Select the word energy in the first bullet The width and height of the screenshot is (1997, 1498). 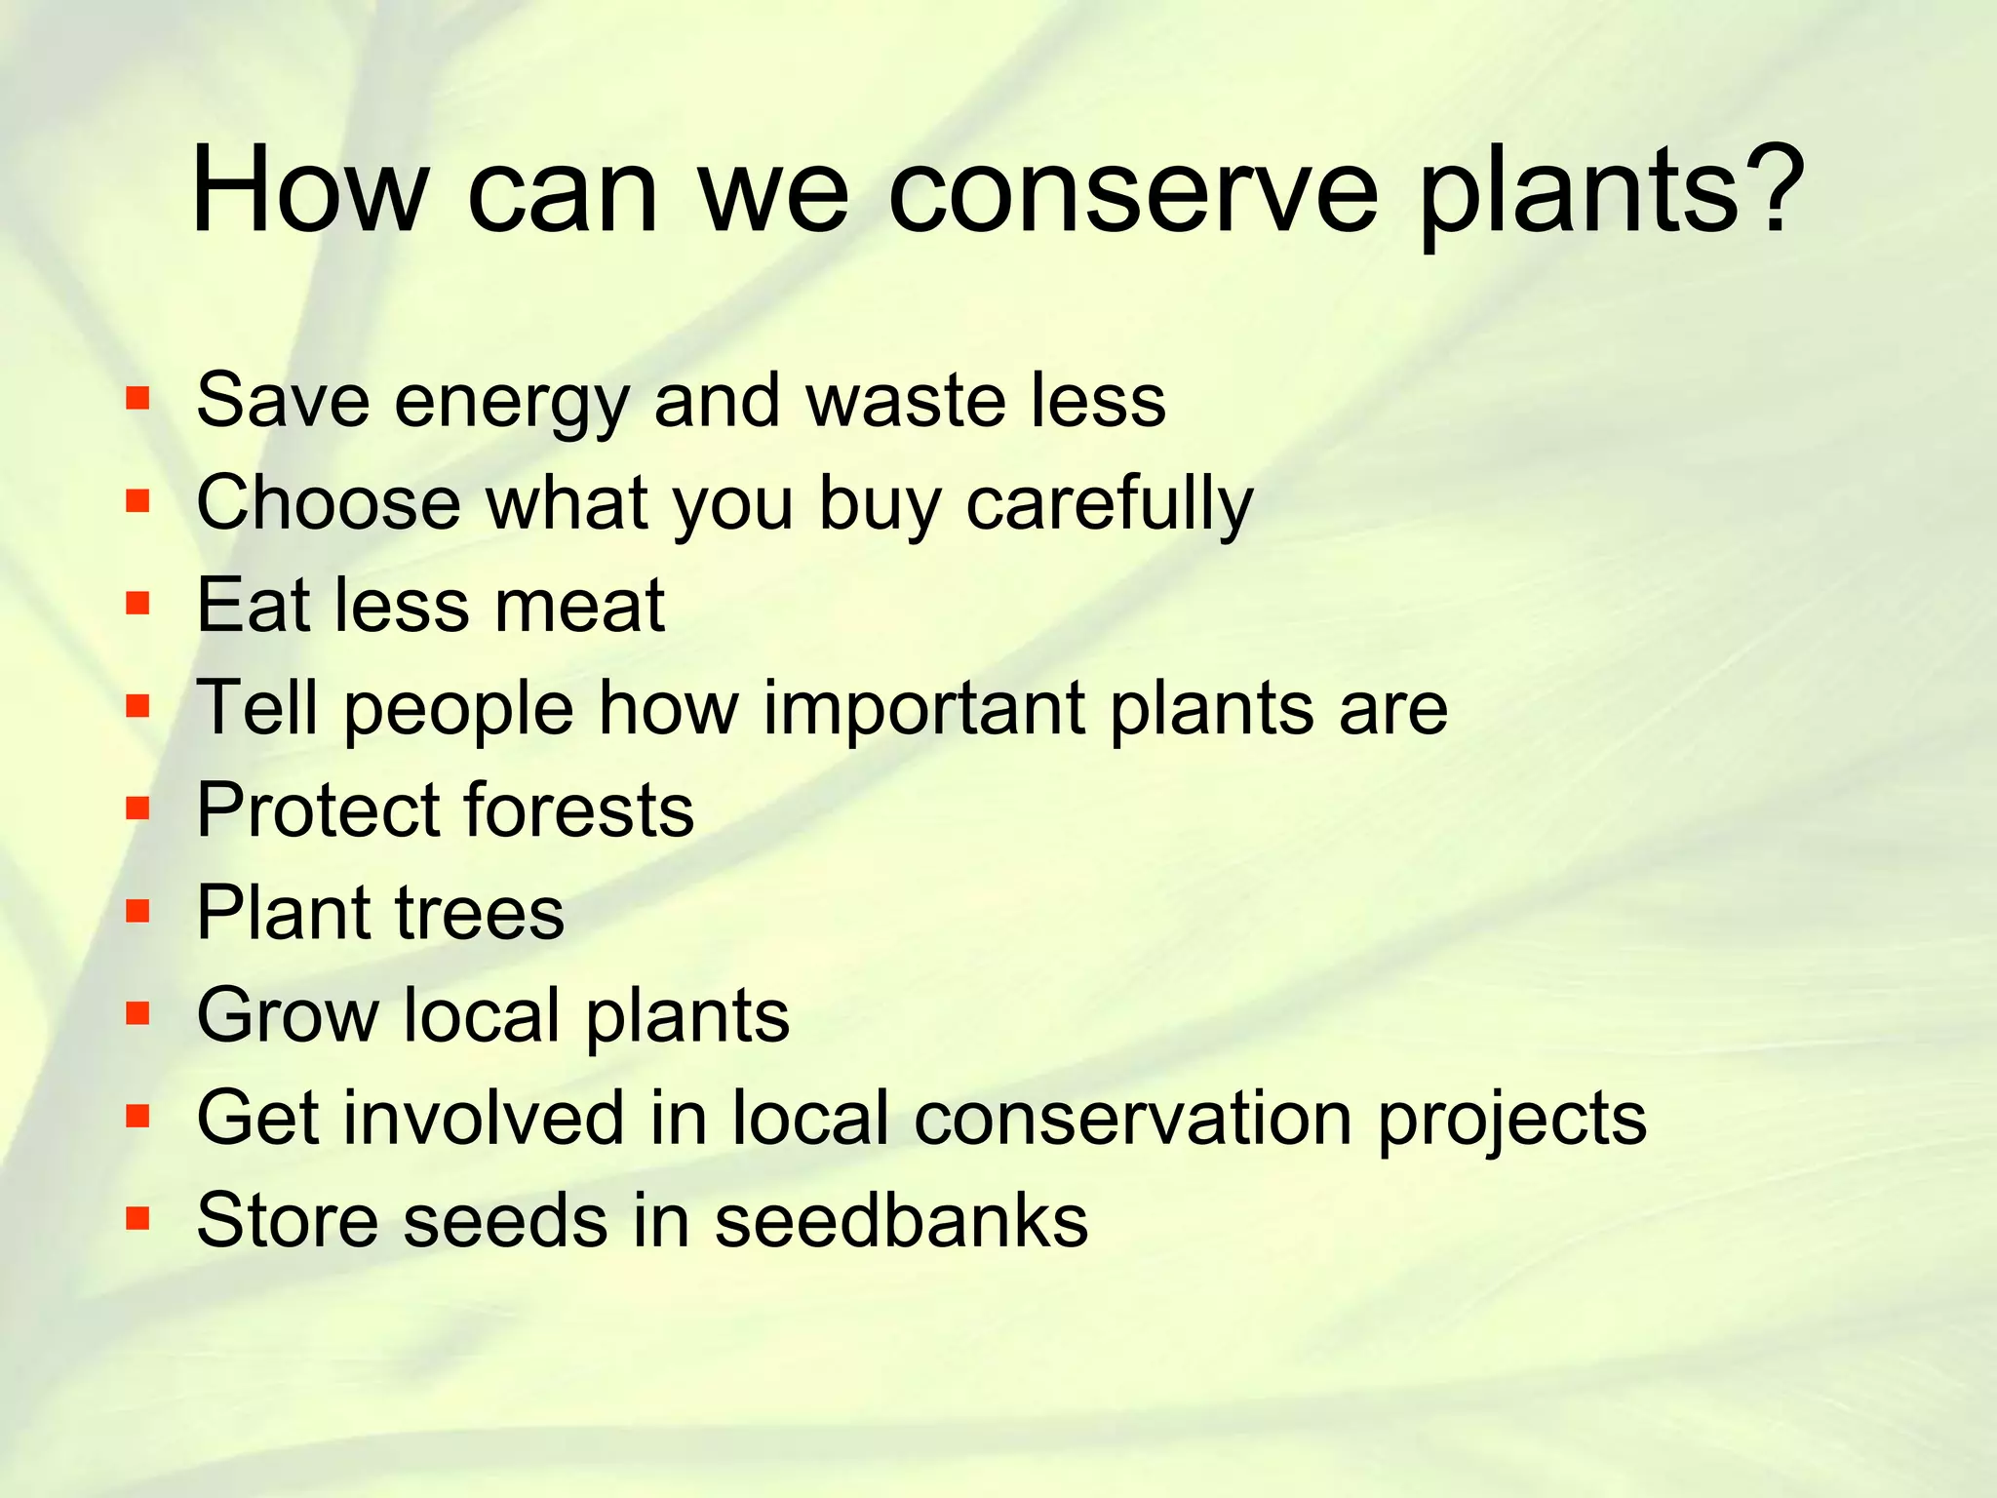(511, 403)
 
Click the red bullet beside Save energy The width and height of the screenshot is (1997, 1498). (137, 398)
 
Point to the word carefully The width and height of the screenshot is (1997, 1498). (1109, 505)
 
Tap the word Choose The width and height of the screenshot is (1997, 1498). (329, 503)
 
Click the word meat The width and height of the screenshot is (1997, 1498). (579, 607)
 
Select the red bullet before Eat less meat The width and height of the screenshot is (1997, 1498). (137, 603)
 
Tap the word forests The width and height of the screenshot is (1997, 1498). (578, 810)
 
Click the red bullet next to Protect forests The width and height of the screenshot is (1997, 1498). (137, 808)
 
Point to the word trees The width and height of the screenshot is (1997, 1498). (479, 914)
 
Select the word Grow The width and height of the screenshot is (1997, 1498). (288, 1015)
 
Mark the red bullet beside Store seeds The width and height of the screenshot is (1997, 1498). (137, 1217)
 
